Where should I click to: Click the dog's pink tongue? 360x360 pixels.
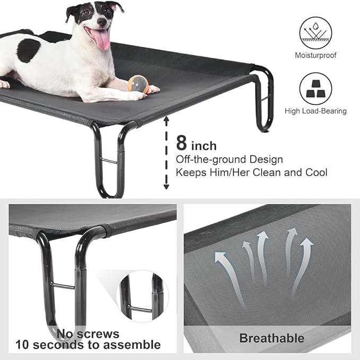click(101, 38)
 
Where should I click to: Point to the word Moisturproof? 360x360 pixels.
click(315, 55)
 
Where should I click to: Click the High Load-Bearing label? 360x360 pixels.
click(315, 111)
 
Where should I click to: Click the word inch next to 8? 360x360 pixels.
click(204, 145)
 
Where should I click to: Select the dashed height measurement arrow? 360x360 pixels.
click(166, 153)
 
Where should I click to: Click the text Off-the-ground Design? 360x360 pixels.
click(229, 159)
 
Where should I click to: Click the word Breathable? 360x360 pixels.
click(271, 338)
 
